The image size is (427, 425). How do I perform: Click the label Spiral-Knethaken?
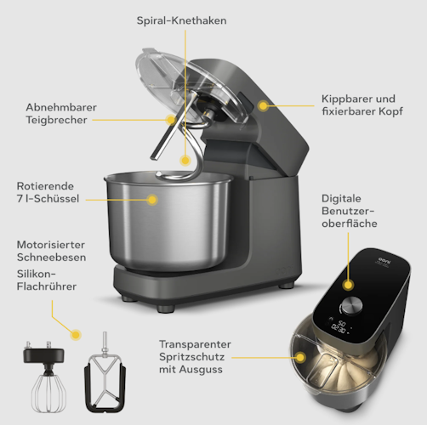click(183, 19)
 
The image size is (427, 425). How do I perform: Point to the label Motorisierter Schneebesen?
click(50, 251)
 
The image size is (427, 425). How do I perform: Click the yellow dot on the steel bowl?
click(152, 200)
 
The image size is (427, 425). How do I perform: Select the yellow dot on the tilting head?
click(263, 106)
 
